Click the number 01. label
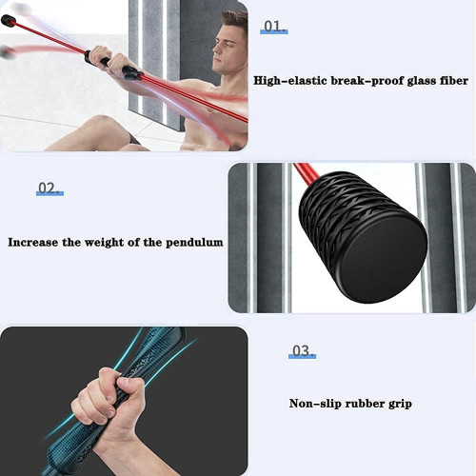pyautogui.click(x=273, y=27)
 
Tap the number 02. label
pyautogui.click(x=50, y=188)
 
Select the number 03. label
pyautogui.click(x=302, y=351)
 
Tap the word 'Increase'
pyautogui.click(x=33, y=243)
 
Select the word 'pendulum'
pyautogui.click(x=194, y=243)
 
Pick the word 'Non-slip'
pyautogui.click(x=315, y=404)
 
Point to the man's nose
pyautogui.click(x=215, y=49)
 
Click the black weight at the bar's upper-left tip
pyautogui.click(x=9, y=21)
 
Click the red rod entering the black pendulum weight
pyautogui.click(x=307, y=174)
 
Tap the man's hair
pyautogui.click(x=235, y=22)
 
